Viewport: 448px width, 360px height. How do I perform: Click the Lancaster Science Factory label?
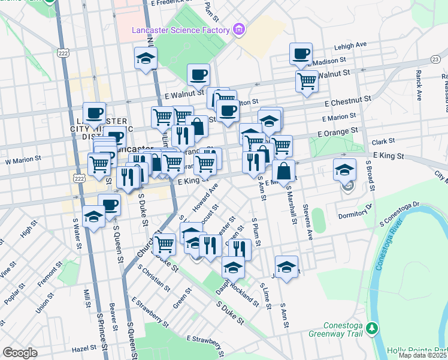181,31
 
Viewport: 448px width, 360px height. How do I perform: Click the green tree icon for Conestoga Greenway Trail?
373,328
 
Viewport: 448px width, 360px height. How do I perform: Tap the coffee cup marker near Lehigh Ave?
301,53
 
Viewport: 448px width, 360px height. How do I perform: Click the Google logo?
19,353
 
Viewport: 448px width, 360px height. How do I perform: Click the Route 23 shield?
435,58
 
